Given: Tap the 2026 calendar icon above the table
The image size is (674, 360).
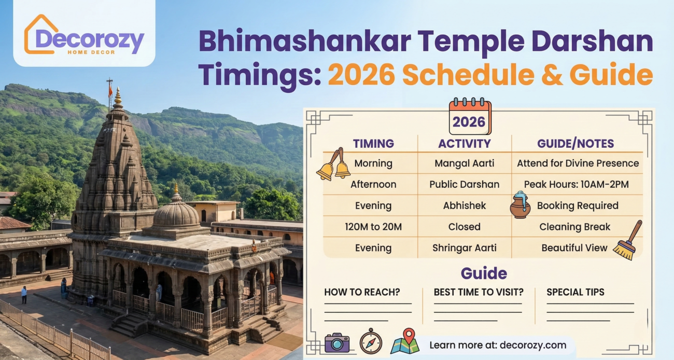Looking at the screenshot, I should point(469,116).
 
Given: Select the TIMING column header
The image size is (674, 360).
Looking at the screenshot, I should point(373,144).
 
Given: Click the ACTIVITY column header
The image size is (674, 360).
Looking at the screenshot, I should point(464,144).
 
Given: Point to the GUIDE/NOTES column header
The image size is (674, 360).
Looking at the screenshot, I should point(575,144).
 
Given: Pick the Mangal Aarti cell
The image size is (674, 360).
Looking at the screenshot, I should point(464,163).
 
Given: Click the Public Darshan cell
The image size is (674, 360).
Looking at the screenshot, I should point(464,185).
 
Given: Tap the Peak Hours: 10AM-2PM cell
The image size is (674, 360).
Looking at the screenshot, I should point(577,185).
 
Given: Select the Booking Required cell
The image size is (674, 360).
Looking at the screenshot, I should point(577,206).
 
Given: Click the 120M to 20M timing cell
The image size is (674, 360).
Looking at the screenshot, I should point(373,227).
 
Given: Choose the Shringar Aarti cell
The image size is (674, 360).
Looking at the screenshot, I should point(464,248).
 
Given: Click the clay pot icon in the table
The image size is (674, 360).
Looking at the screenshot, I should point(520,205).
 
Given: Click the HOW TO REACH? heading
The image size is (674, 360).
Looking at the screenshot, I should point(362,292).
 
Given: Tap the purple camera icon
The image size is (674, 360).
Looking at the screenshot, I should point(337,343).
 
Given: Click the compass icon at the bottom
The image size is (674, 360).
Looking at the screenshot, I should point(371,342).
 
